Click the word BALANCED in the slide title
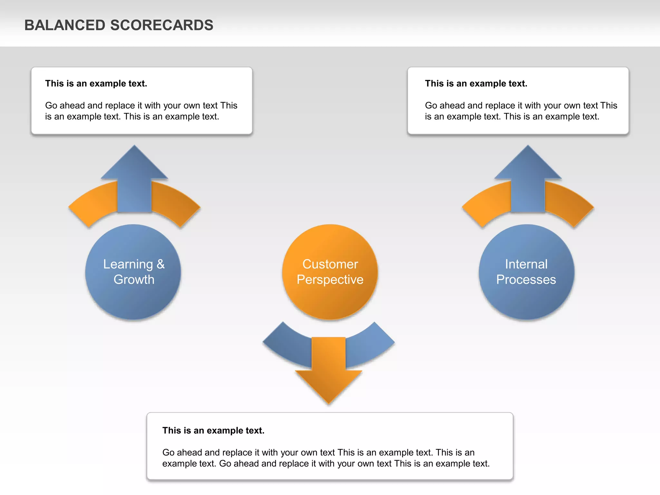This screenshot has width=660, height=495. pyautogui.click(x=64, y=25)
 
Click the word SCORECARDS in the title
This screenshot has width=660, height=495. pyautogui.click(x=161, y=25)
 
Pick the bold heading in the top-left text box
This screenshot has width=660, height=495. pyautogui.click(x=96, y=83)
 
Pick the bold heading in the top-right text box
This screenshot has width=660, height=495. pyautogui.click(x=476, y=83)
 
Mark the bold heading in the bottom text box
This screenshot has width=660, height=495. pyautogui.click(x=213, y=431)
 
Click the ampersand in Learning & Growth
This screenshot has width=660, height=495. pyautogui.click(x=160, y=264)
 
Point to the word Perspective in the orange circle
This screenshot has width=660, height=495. pyautogui.click(x=330, y=279)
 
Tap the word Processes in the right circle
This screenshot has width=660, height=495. pyautogui.click(x=526, y=279)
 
